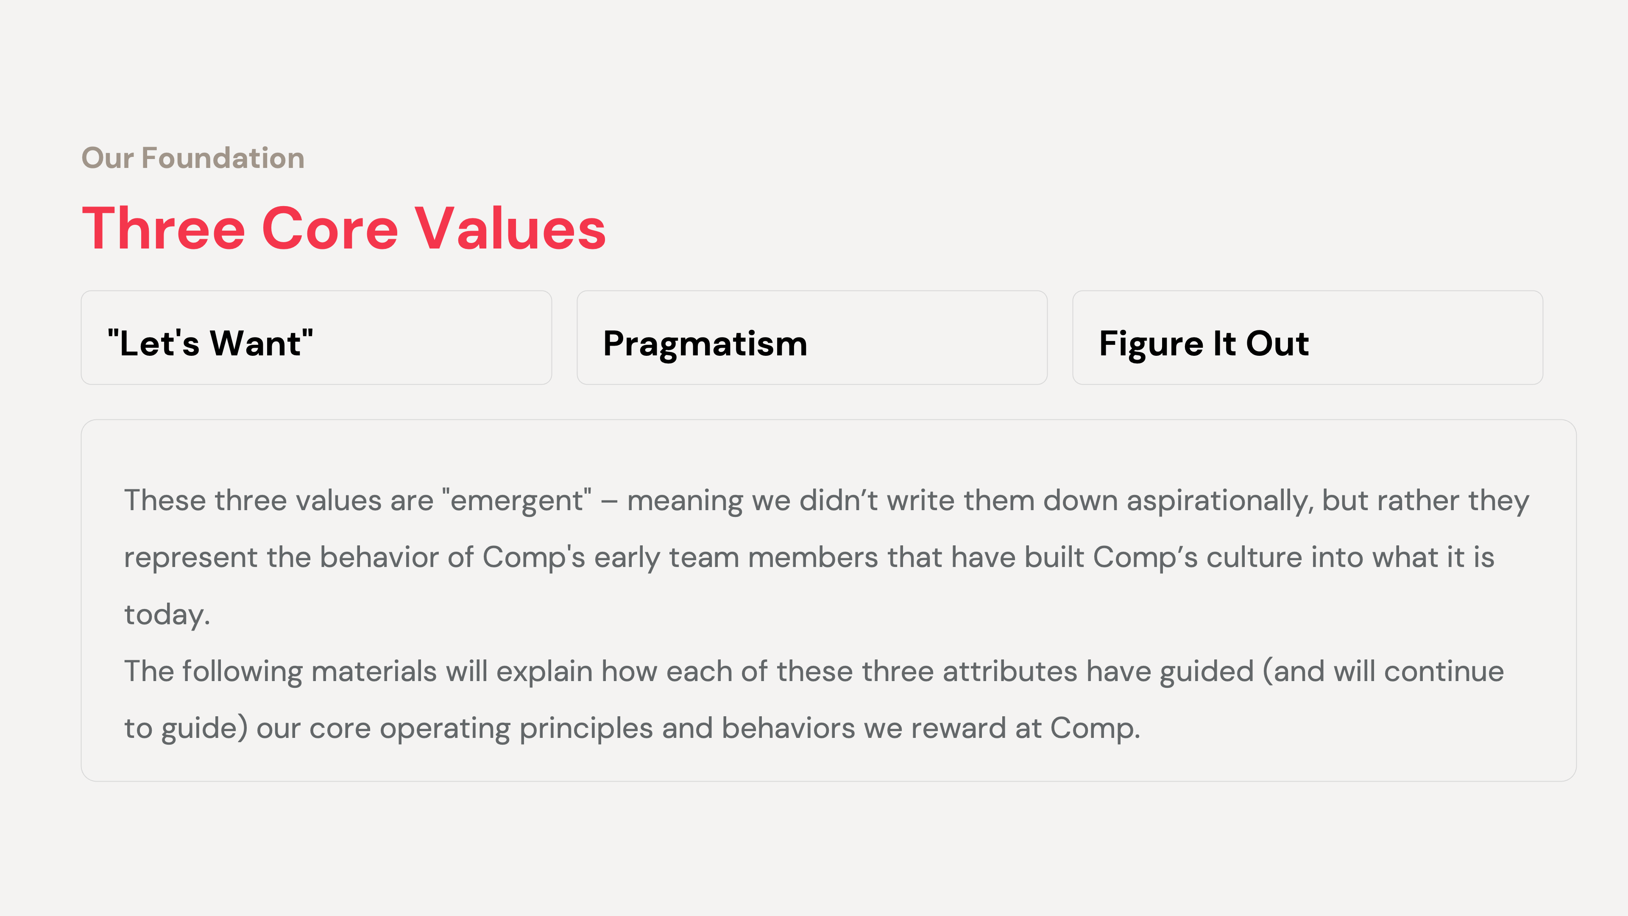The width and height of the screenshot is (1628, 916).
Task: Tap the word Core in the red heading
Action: tap(329, 229)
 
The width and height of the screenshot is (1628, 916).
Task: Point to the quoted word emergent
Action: tap(517, 501)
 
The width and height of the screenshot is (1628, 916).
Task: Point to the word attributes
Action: tap(1009, 671)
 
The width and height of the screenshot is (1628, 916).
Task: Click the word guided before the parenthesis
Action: tap(1206, 671)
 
